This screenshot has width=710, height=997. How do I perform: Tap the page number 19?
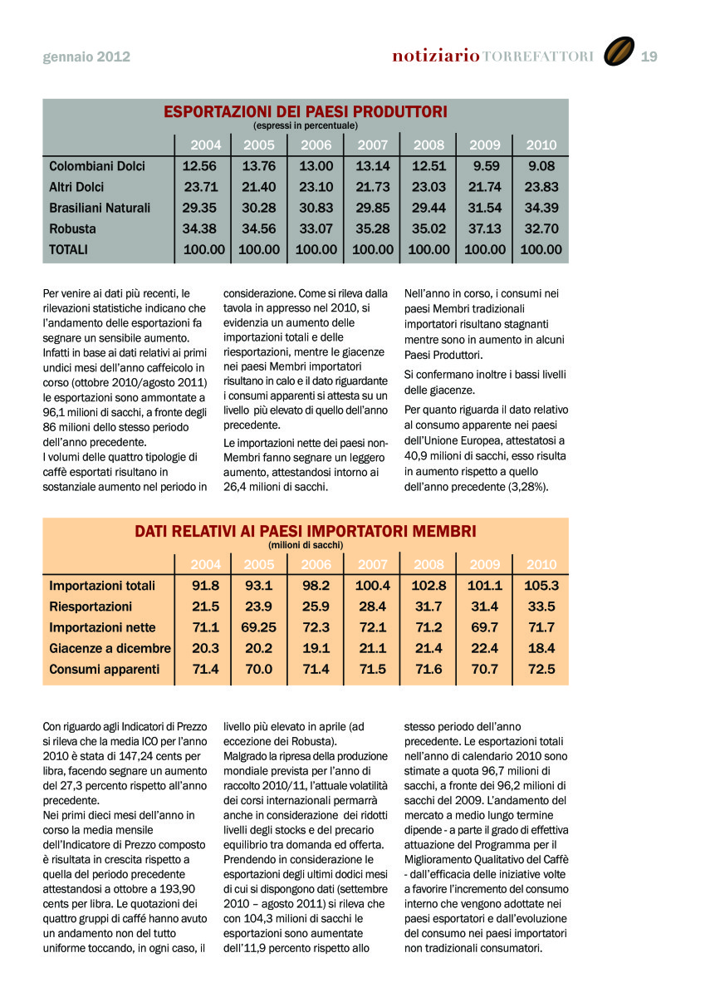(x=649, y=56)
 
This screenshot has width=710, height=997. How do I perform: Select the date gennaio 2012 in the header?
(x=86, y=57)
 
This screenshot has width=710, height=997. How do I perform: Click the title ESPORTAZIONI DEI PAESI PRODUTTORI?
(x=306, y=111)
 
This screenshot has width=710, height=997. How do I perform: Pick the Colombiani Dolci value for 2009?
(x=485, y=166)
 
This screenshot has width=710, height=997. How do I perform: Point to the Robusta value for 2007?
(x=373, y=228)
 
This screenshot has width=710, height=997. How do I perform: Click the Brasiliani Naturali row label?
(x=100, y=208)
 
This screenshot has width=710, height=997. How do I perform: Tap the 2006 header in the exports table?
(x=316, y=145)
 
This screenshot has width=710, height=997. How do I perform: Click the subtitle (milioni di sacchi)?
(x=306, y=545)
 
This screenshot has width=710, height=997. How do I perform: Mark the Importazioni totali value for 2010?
(x=541, y=586)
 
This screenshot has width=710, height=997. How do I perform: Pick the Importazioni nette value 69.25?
(x=259, y=627)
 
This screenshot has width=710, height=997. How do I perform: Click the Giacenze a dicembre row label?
(x=110, y=648)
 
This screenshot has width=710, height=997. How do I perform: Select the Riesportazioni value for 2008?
(x=428, y=607)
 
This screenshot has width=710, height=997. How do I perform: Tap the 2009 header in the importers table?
(x=485, y=565)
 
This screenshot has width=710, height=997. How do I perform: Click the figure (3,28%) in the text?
(x=522, y=487)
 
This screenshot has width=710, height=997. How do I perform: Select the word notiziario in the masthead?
(x=436, y=56)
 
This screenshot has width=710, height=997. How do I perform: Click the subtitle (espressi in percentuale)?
(x=306, y=125)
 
